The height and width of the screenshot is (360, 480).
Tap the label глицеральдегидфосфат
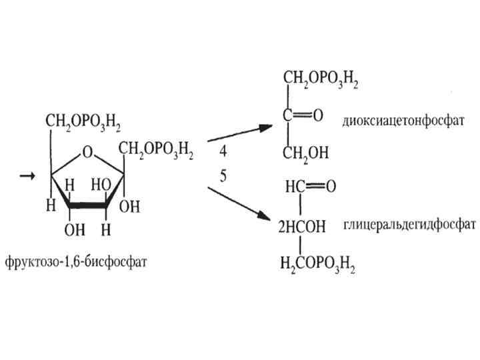tap(409, 224)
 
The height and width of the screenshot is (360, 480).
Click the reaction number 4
tap(223, 152)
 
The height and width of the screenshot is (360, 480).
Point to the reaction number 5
tap(223, 175)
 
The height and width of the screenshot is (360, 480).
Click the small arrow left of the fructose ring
tap(27, 175)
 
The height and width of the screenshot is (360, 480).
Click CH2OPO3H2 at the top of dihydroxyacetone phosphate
tap(321, 81)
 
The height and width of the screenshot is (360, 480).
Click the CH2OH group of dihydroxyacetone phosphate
tap(306, 154)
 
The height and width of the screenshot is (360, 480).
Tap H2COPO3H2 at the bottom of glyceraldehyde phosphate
tap(317, 265)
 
